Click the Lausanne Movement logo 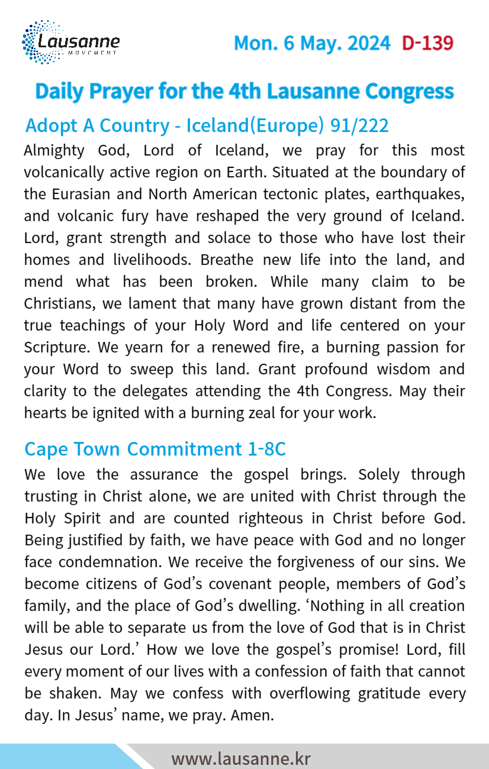(x=70, y=42)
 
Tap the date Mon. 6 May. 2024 (x=312, y=43)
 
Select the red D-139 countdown (x=427, y=43)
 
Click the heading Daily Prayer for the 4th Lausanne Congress (x=244, y=91)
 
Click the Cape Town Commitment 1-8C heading (x=155, y=449)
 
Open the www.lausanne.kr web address (x=241, y=758)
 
